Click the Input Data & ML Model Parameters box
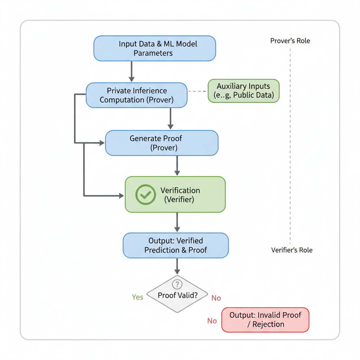pos(154,49)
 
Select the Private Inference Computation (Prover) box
pos(136,95)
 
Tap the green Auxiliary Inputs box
pos(243,91)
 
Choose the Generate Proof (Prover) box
pos(162,143)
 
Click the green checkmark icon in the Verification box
pos(146,194)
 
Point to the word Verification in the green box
pos(180,191)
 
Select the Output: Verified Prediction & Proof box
pos(175,245)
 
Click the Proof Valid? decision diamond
pos(177,295)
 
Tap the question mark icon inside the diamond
pos(177,284)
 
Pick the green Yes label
pos(137,297)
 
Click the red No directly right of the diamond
pos(216,298)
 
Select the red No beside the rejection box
pos(212,321)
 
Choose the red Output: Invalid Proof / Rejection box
pos(265,320)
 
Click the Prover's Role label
pos(290,41)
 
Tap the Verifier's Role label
pos(291,250)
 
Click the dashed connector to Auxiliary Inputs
pos(197,91)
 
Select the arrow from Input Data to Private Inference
pos(131,72)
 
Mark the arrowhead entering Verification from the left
pos(121,195)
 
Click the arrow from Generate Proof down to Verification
pos(177,166)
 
